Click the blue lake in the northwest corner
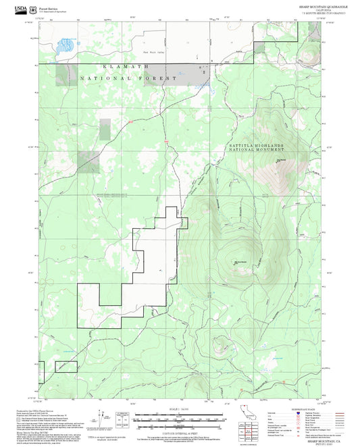[x=65, y=47]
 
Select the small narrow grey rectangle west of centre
[x=105, y=130]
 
